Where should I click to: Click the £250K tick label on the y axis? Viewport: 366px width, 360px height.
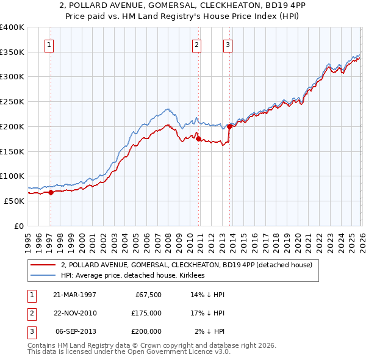point(12,102)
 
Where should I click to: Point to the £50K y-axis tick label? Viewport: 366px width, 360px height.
point(14,201)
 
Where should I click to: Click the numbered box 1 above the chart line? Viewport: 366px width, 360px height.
point(48,44)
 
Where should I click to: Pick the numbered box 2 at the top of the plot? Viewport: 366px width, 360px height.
point(197,44)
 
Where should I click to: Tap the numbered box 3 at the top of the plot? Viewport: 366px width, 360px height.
point(227,44)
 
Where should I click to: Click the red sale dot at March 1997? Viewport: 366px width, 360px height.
point(51,192)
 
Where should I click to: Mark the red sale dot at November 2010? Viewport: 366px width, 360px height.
point(199,139)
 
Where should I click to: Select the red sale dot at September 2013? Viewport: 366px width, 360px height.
point(229,127)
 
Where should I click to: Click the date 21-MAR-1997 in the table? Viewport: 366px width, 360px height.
point(74,295)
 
